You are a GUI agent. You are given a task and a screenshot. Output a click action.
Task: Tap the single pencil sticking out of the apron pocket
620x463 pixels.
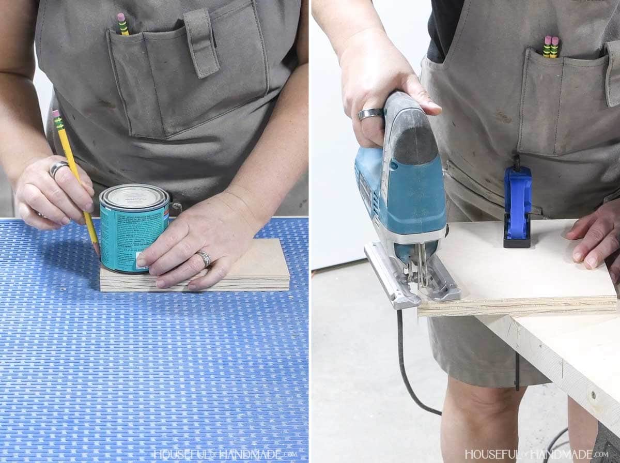[123, 24]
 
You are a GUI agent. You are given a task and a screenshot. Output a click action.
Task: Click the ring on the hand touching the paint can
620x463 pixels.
[204, 257]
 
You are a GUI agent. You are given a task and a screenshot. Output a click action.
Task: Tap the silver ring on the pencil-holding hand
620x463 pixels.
[58, 168]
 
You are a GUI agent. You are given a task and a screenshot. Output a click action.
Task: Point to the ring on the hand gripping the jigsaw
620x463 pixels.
[370, 114]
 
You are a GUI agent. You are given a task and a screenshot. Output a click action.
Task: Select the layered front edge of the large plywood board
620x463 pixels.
[517, 306]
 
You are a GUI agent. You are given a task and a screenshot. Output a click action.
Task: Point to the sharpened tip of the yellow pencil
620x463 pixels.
[97, 251]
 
